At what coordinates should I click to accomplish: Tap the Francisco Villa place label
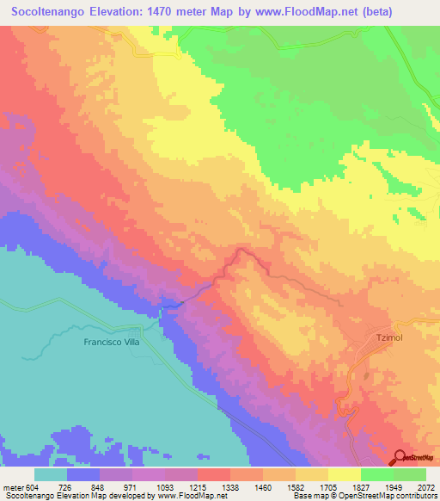pos(112,342)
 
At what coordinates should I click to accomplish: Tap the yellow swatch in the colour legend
pos(344,474)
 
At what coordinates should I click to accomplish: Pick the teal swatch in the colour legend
pos(51,474)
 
